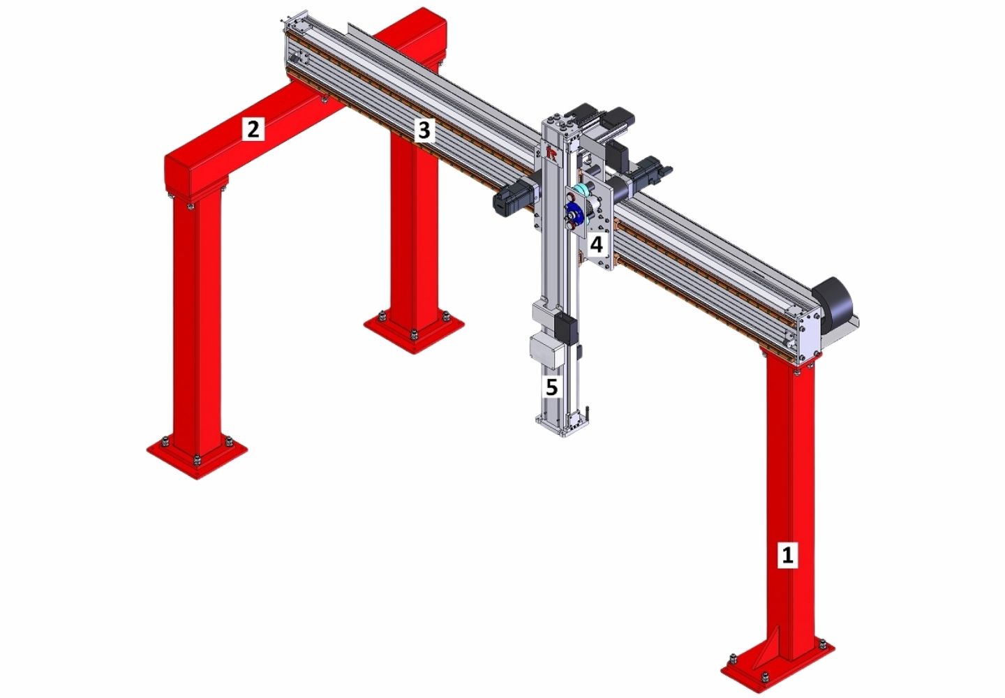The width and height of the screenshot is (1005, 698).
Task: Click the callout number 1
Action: [x=787, y=554]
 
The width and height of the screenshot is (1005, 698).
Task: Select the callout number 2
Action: [x=253, y=128]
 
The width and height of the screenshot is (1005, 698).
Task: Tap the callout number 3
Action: [x=424, y=130]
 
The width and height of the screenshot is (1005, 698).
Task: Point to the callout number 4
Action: [x=596, y=245]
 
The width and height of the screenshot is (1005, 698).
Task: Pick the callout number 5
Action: [x=551, y=386]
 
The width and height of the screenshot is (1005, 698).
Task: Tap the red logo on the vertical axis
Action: [x=552, y=154]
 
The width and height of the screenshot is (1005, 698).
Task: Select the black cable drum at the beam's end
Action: [x=831, y=306]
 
